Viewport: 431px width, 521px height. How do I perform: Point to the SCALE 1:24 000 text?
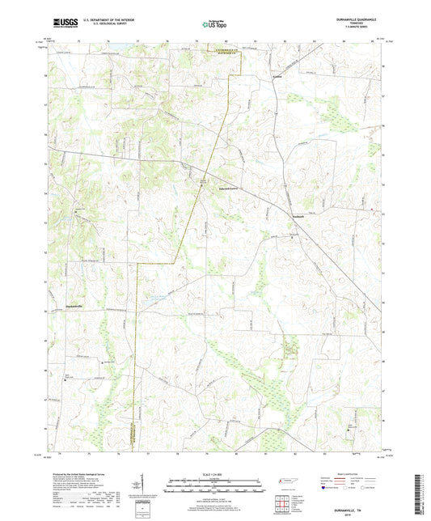pos(214,474)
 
